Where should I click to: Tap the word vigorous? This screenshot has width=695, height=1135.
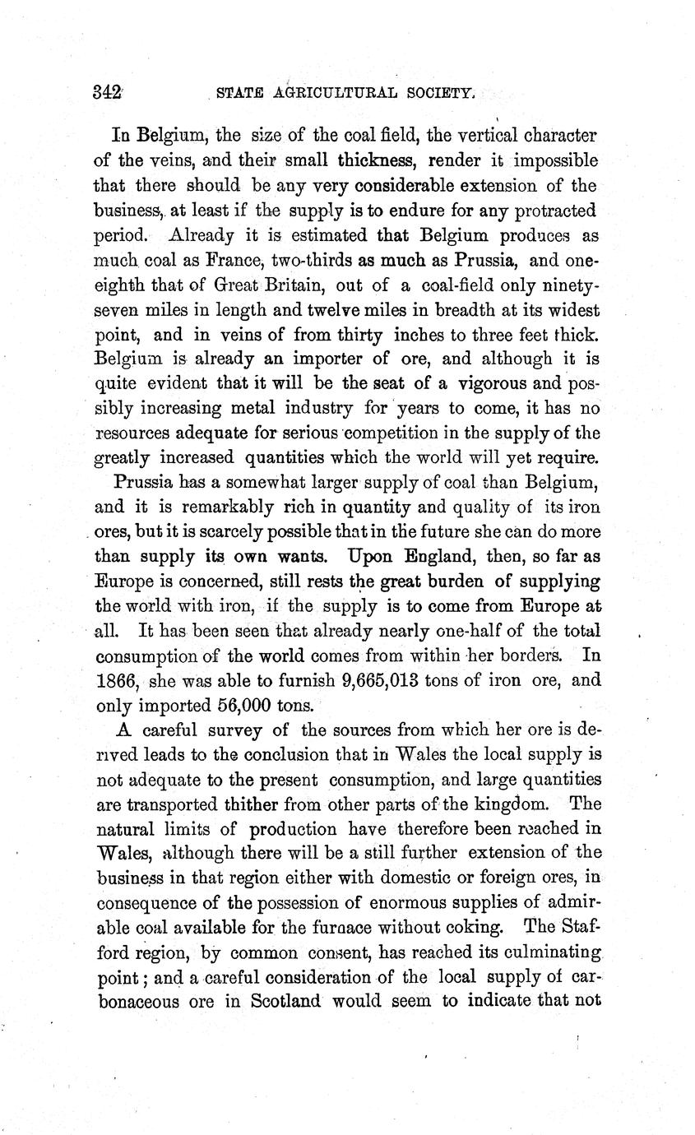[x=475, y=383]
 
